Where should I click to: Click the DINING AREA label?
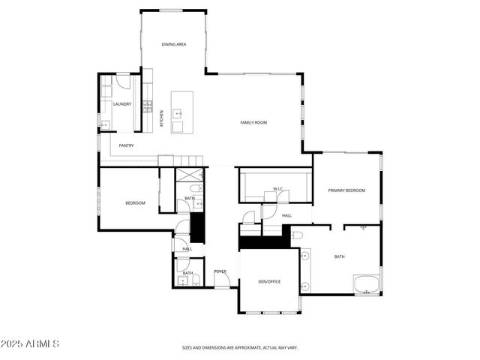pos(174,45)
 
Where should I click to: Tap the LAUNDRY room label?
pos(122,104)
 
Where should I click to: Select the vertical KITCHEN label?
pos(161,118)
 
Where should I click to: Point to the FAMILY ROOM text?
pos(253,122)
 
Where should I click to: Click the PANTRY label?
pos(126,145)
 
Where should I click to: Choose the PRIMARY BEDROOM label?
pos(346,190)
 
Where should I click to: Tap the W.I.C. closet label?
pos(277,189)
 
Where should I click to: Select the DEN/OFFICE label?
pos(268,281)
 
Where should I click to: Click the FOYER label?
pos(220,271)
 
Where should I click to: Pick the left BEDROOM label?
pos(135,203)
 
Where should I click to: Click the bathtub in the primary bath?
pos(367,284)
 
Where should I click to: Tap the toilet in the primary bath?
pos(297,236)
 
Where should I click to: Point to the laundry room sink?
pos(105,124)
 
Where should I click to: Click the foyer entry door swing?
pos(222,280)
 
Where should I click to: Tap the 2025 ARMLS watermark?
pos(30,343)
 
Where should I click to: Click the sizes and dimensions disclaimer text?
pos(239,348)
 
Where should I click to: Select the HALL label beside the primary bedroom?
pos(286,215)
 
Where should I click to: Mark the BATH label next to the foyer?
pos(188,273)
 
